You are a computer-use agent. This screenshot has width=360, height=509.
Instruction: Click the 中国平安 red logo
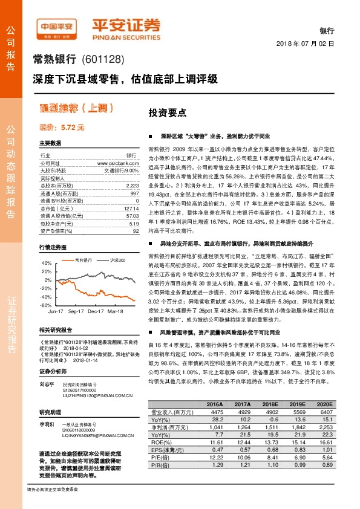pyautogui.click(x=56, y=27)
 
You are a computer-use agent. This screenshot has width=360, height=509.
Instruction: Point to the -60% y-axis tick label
pyautogui.click(x=46, y=306)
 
